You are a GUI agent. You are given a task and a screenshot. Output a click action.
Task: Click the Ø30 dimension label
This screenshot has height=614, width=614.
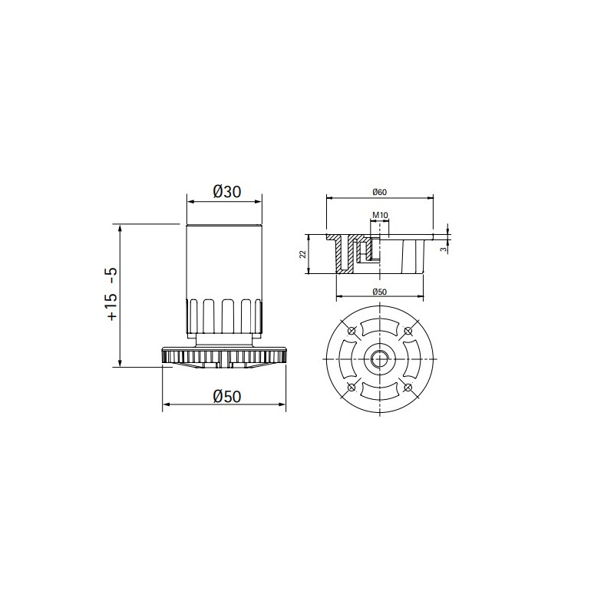(x=227, y=191)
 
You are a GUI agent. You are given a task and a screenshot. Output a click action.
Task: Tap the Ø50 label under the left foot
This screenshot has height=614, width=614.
(x=227, y=396)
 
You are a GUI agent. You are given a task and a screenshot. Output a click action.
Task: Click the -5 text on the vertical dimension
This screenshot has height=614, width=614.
(x=112, y=276)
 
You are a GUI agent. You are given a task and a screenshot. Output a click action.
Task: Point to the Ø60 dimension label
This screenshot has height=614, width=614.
(x=380, y=192)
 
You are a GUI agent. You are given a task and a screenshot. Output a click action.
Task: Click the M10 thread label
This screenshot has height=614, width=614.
(x=380, y=215)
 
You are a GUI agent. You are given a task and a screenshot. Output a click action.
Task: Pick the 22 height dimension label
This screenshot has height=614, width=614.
(x=302, y=254)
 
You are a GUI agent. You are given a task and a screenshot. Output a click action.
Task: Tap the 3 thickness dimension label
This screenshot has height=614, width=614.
(x=443, y=249)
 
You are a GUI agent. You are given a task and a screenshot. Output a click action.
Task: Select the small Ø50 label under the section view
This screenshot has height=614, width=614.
(x=380, y=292)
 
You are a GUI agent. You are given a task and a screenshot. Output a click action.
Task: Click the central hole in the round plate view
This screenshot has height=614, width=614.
(x=380, y=358)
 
